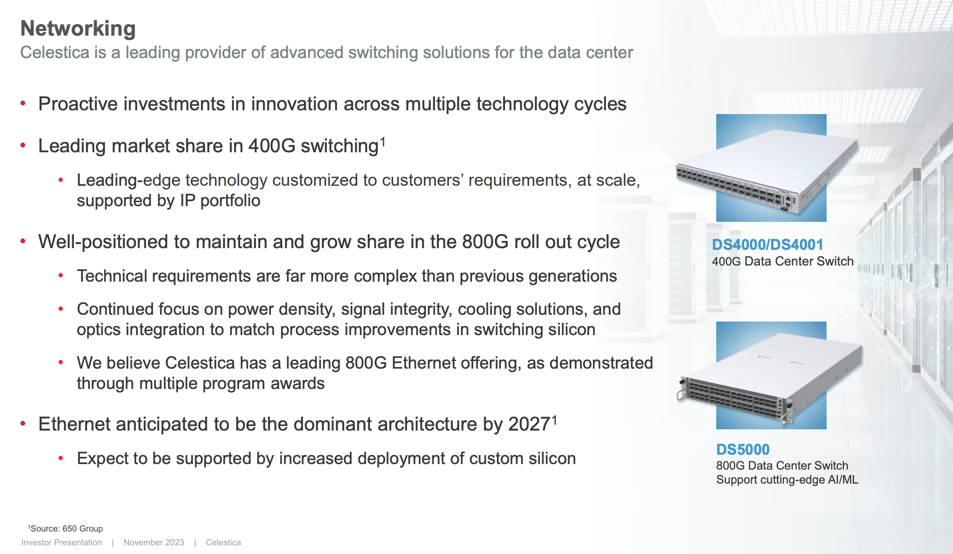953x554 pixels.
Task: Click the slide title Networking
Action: tap(78, 29)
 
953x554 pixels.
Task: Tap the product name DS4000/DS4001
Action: tap(767, 245)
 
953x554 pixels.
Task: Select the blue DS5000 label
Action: tap(743, 449)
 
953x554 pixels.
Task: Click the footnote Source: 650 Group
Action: tap(66, 529)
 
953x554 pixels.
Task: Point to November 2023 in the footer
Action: tap(154, 543)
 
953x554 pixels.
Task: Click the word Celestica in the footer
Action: tap(223, 543)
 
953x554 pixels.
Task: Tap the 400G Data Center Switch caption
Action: tap(782, 261)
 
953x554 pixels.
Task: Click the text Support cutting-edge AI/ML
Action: tap(787, 480)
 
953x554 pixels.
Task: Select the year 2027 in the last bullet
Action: tap(529, 424)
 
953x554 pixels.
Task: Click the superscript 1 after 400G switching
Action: tap(383, 141)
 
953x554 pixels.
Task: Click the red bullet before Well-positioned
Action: tap(23, 241)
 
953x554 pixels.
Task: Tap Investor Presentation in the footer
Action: tap(62, 543)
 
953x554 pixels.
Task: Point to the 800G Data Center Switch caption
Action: tap(782, 466)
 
